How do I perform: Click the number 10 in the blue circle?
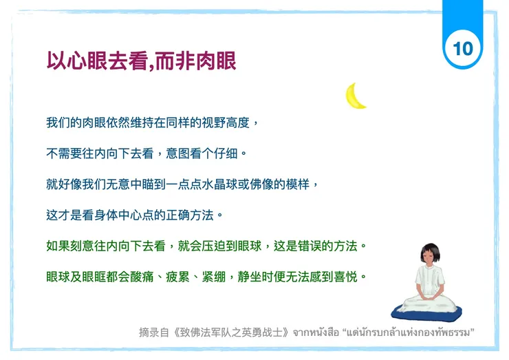pos(463,48)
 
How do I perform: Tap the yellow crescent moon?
pos(356,96)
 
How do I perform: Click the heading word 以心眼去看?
pos(96,61)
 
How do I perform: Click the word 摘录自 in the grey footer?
pos(153,332)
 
